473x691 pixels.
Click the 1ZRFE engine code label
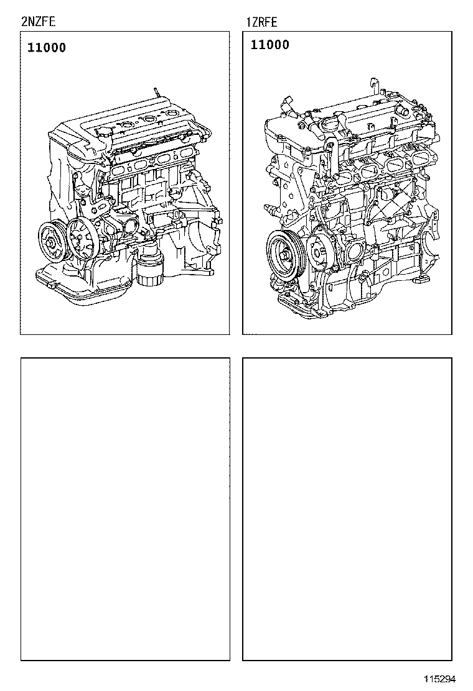261,23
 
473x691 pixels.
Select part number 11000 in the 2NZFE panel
47,48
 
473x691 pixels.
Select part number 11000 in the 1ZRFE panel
270,45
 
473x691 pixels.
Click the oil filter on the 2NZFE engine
149,267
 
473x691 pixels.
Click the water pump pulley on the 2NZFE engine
82,237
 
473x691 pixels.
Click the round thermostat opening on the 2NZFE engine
131,226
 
